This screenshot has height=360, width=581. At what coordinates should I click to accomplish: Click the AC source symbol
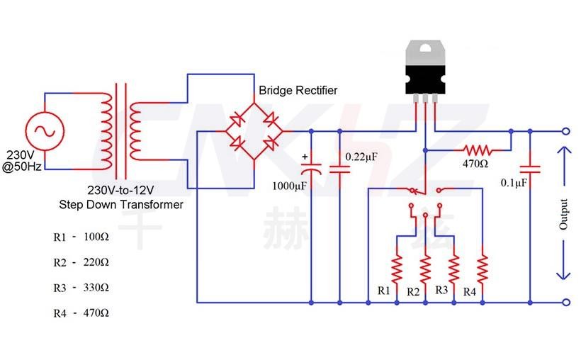pyautogui.click(x=45, y=130)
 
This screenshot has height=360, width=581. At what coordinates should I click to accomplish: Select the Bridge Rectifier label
pyautogui.click(x=298, y=91)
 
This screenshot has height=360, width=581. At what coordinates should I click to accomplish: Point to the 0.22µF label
pyautogui.click(x=363, y=156)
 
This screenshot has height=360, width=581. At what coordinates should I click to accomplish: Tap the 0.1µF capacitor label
pyautogui.click(x=512, y=183)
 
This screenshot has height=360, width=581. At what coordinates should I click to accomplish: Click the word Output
pyautogui.click(x=564, y=214)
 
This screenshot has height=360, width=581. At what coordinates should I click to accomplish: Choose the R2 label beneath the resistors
pyautogui.click(x=413, y=291)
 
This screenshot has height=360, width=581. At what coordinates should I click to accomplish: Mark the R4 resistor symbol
pyautogui.click(x=483, y=268)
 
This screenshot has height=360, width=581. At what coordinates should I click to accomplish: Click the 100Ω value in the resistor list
pyautogui.click(x=95, y=237)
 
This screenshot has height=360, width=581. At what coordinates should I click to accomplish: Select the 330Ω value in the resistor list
pyautogui.click(x=95, y=288)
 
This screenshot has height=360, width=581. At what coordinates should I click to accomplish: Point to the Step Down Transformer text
pyautogui.click(x=120, y=205)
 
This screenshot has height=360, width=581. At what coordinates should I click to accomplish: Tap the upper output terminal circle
pyautogui.click(x=565, y=131)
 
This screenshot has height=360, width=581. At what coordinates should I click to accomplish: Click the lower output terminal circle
pyautogui.click(x=565, y=302)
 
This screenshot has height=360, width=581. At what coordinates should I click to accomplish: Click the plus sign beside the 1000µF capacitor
pyautogui.click(x=305, y=157)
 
